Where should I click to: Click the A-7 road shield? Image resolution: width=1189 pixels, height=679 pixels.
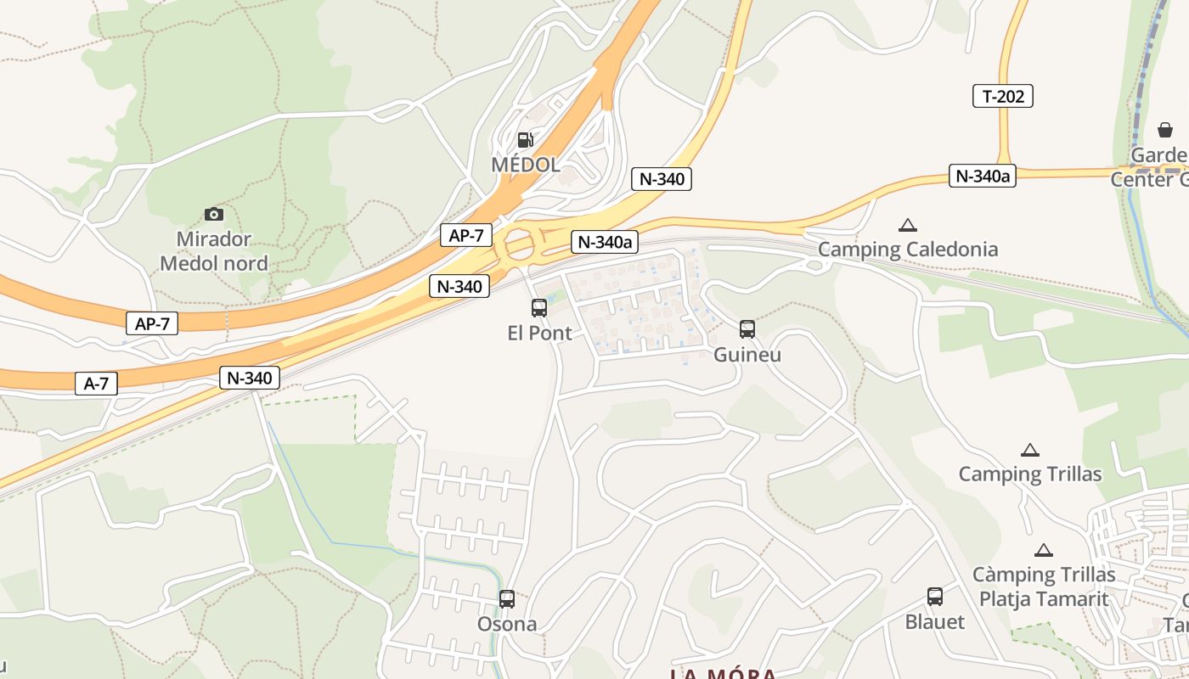click(x=96, y=384)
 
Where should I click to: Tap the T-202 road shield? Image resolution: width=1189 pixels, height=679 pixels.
click(x=1002, y=97)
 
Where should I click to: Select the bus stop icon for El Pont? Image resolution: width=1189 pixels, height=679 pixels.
click(x=539, y=308)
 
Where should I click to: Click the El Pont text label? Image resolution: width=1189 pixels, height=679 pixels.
click(x=539, y=333)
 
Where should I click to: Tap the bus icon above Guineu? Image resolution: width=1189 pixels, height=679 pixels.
click(x=747, y=329)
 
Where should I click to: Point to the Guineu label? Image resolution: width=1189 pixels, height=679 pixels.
click(x=747, y=354)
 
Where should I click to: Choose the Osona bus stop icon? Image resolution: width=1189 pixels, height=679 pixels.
click(x=507, y=599)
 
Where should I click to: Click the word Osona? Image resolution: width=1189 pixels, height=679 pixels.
click(x=507, y=624)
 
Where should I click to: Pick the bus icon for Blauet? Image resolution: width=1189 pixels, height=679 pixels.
click(x=935, y=597)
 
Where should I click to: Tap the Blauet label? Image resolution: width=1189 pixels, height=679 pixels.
click(x=935, y=621)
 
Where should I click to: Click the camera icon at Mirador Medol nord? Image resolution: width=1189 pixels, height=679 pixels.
click(x=214, y=214)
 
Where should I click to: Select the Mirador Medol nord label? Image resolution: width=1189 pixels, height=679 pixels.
click(x=214, y=251)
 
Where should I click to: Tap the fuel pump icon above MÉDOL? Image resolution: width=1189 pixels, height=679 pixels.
click(x=526, y=139)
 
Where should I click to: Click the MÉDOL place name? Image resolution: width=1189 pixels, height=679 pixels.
click(x=526, y=165)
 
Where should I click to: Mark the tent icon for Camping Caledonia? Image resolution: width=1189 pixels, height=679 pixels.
click(x=908, y=225)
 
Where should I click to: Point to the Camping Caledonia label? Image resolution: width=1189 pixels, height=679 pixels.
click(x=908, y=250)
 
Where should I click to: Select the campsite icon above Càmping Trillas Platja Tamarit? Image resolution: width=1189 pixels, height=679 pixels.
click(x=1044, y=550)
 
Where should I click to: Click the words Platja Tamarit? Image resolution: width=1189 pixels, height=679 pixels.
click(x=1044, y=598)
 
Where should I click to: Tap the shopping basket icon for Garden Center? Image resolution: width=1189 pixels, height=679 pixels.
click(x=1165, y=130)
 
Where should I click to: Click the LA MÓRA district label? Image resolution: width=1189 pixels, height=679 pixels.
click(x=723, y=674)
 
